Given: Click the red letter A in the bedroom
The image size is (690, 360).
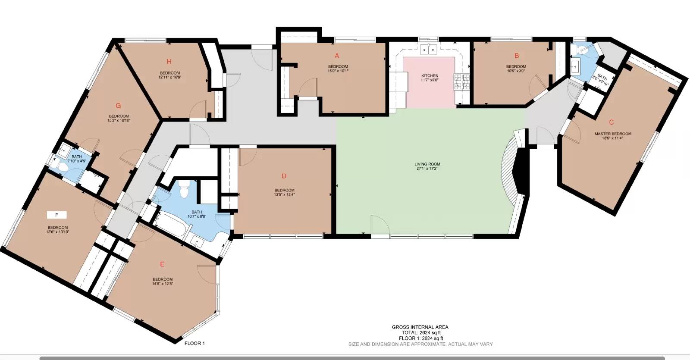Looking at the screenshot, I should [x=337, y=56].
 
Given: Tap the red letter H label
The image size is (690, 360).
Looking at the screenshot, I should [x=169, y=62].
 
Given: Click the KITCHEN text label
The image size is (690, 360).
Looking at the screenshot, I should [x=430, y=76].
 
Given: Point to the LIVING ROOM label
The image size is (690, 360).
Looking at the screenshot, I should [x=427, y=164].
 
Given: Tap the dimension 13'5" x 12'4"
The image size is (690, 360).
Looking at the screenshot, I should [x=284, y=194].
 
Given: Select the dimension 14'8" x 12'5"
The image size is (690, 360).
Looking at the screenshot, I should [x=162, y=284].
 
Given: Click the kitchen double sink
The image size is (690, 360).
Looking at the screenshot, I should [x=429, y=50].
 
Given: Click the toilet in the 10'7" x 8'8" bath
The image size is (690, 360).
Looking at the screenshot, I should [x=184, y=189].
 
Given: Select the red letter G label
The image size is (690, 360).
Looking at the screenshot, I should [x=118, y=106].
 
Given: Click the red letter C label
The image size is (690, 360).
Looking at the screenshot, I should [x=611, y=122].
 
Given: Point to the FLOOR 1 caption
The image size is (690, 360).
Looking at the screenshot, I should [x=194, y=344].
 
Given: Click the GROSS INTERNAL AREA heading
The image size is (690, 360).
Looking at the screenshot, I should [x=420, y=327].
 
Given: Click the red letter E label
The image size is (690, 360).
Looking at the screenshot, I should [x=162, y=264].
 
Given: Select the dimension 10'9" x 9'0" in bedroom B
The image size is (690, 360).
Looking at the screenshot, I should [x=516, y=71].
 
